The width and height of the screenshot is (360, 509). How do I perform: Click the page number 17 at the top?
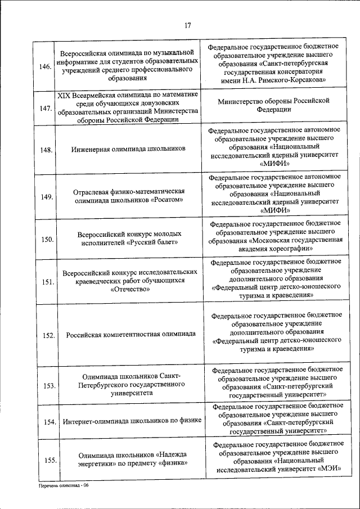[187, 25]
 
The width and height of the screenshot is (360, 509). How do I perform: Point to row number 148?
[45, 150]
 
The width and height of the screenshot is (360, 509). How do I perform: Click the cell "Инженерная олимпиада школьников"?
[128, 150]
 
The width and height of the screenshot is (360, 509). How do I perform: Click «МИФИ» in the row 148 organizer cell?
[275, 164]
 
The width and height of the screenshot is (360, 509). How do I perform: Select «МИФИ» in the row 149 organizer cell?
[275, 210]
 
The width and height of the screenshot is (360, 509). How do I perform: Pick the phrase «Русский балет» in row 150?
[152, 242]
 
